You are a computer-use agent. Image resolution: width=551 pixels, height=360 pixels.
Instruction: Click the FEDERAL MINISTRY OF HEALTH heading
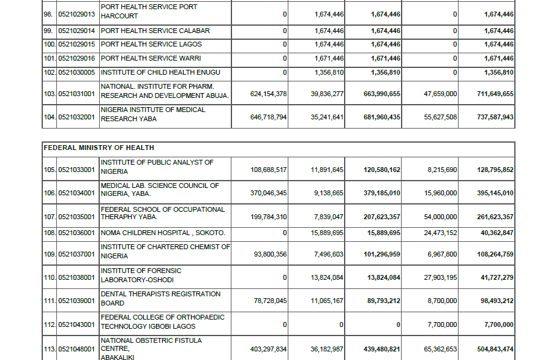(99, 148)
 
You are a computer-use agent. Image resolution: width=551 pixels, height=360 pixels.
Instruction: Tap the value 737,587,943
(495, 117)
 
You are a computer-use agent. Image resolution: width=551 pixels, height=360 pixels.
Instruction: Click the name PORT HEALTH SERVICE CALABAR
(155, 31)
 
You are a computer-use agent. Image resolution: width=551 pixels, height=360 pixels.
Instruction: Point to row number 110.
(50, 278)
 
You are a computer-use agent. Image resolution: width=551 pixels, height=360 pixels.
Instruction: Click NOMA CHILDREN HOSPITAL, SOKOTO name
(163, 233)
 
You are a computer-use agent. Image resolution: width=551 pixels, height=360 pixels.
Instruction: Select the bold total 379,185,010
(381, 193)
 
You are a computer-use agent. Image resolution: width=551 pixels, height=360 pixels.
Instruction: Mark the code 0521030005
(77, 72)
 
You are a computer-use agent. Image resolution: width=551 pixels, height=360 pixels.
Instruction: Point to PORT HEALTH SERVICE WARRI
(151, 58)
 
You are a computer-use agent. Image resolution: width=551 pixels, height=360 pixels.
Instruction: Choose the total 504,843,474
(495, 349)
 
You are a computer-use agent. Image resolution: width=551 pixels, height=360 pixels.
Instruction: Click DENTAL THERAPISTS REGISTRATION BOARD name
(160, 298)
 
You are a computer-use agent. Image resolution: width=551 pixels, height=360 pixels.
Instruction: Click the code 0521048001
(77, 349)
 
